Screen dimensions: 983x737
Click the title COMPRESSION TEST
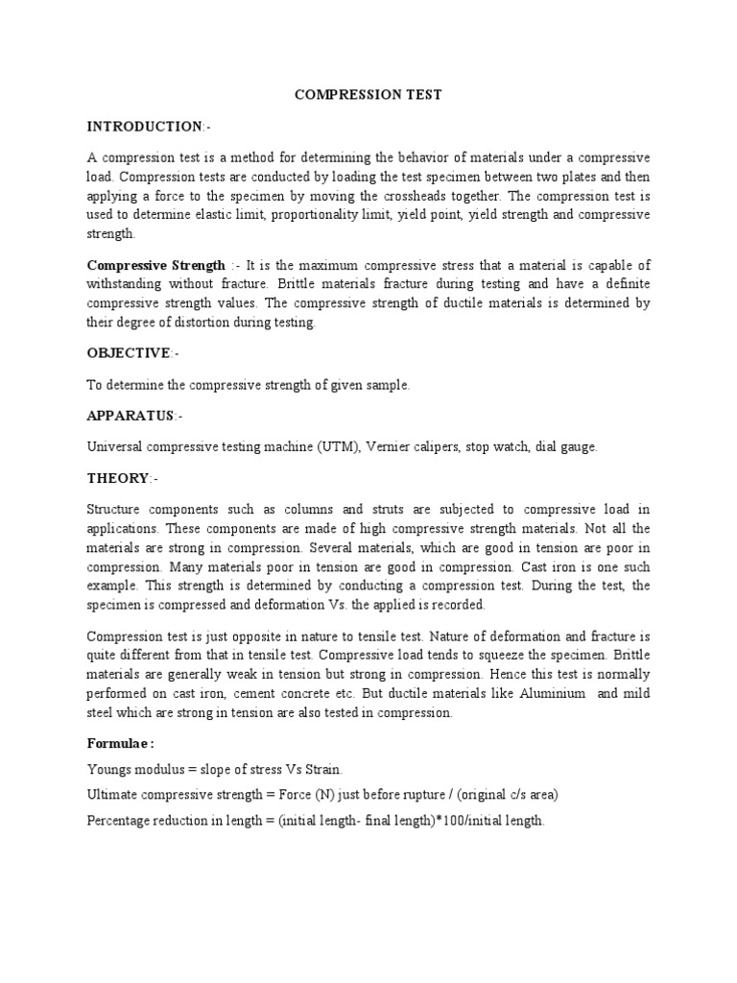point(368,96)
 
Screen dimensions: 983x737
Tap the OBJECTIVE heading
point(129,353)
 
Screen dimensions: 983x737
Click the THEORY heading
point(118,478)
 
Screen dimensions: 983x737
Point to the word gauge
point(578,447)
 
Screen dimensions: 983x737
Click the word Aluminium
point(552,693)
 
